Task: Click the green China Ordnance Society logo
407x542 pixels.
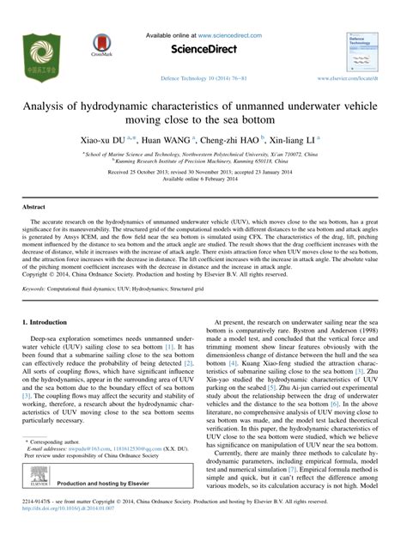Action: pyautogui.click(x=40, y=58)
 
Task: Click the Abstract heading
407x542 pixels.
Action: pyautogui.click(x=33, y=208)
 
